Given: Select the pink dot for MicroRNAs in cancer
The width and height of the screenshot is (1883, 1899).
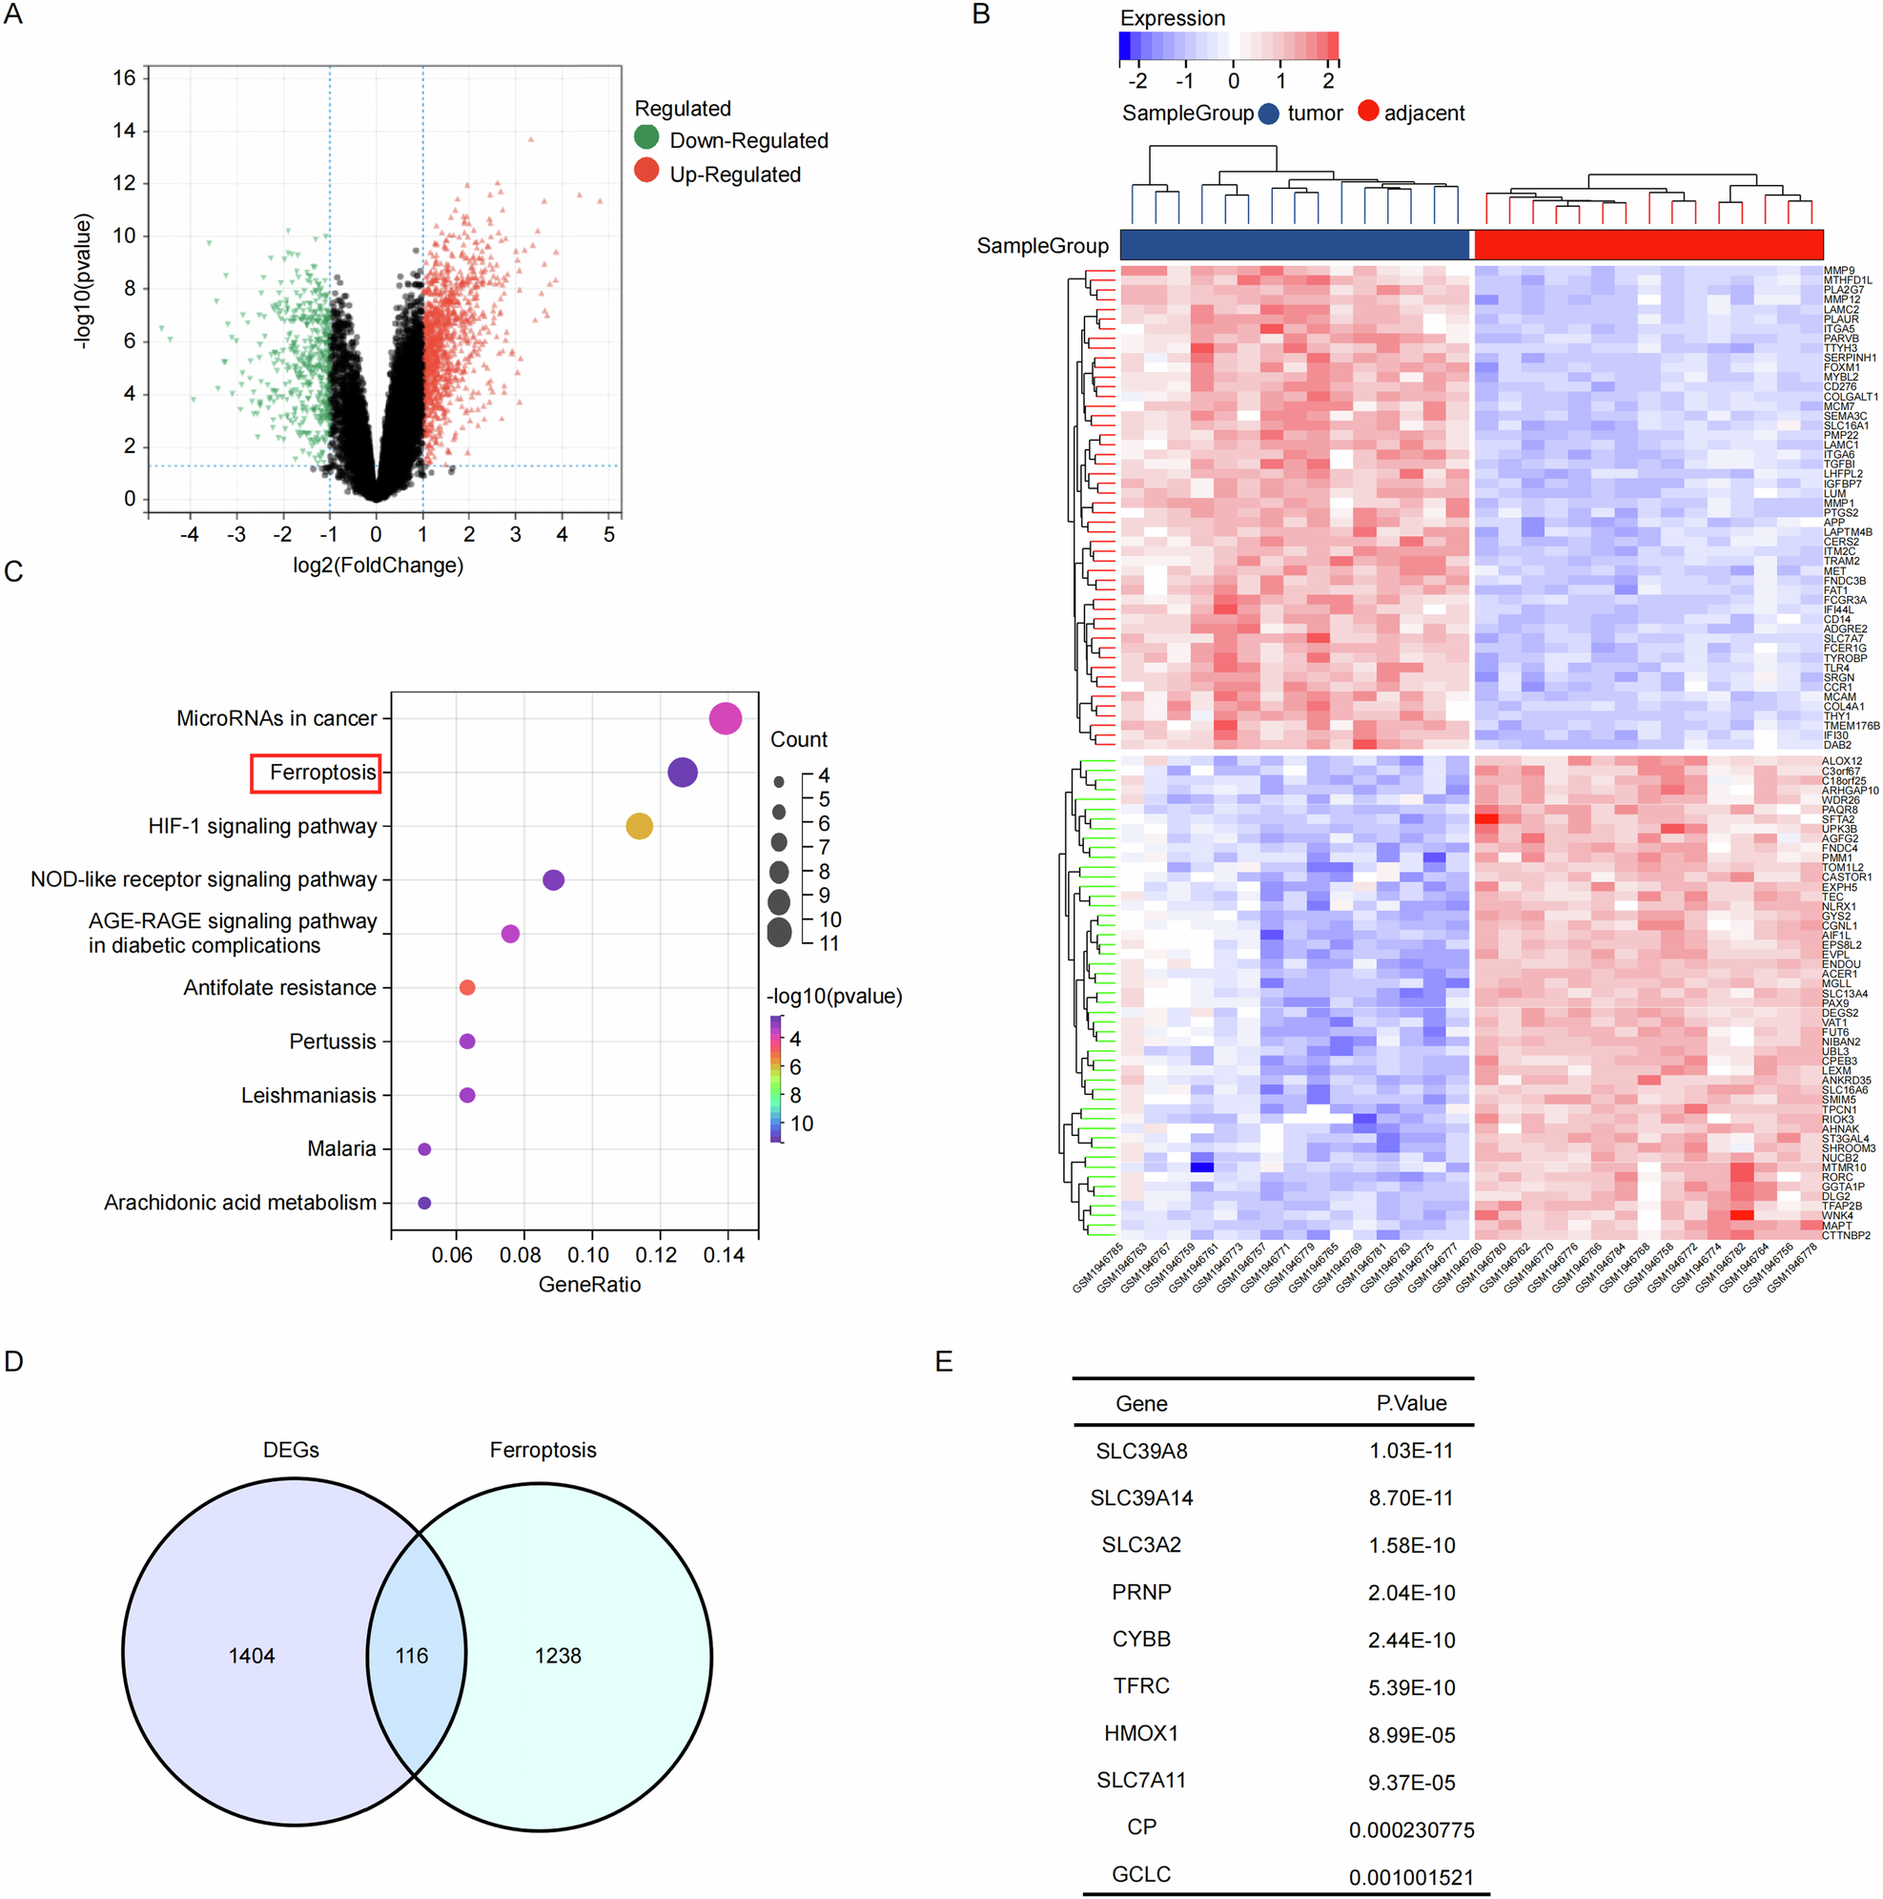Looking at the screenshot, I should [x=725, y=718].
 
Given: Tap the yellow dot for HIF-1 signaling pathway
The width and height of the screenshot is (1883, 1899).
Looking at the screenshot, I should [x=639, y=826].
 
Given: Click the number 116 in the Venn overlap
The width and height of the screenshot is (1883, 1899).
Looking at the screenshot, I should [x=411, y=1655].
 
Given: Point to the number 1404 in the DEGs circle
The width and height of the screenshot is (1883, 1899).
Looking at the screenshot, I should [x=252, y=1655].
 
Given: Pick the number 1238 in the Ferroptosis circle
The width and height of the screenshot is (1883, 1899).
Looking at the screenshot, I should [x=557, y=1655].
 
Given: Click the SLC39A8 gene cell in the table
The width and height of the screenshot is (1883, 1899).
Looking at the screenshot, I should [x=1140, y=1451].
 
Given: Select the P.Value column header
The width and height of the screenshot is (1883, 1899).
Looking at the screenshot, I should [x=1410, y=1403].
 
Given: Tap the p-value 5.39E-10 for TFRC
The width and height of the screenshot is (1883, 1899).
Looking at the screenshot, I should [x=1410, y=1686].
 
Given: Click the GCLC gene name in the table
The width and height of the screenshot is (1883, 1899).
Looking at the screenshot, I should [x=1140, y=1874].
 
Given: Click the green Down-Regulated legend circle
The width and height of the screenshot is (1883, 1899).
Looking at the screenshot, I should [x=645, y=136].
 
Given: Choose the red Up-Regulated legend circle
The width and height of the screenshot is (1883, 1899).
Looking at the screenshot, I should [x=645, y=171].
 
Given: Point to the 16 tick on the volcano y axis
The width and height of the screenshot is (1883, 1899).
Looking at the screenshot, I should [x=124, y=77].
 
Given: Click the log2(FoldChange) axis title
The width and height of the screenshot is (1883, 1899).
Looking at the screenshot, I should [x=378, y=566].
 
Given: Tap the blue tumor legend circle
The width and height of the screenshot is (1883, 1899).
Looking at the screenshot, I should [x=1268, y=114].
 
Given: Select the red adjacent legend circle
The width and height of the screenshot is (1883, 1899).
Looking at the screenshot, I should [x=1367, y=111].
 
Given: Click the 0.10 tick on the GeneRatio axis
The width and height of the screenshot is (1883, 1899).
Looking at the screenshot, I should [x=587, y=1255].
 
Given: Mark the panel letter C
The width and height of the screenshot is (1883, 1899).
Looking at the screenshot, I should [x=13, y=571].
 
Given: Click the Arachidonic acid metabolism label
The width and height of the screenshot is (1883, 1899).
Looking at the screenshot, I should [x=240, y=1202].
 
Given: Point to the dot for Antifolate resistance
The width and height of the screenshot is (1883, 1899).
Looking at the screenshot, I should [x=467, y=987].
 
